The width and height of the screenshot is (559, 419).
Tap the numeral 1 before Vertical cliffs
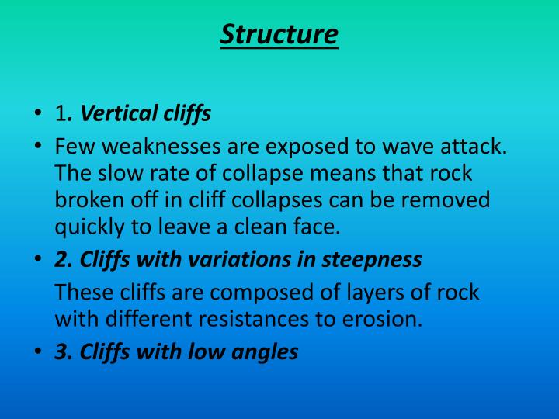pos(60,115)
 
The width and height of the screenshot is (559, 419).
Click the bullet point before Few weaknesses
pos(37,147)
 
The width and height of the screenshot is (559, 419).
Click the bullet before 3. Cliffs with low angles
pos(37,352)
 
